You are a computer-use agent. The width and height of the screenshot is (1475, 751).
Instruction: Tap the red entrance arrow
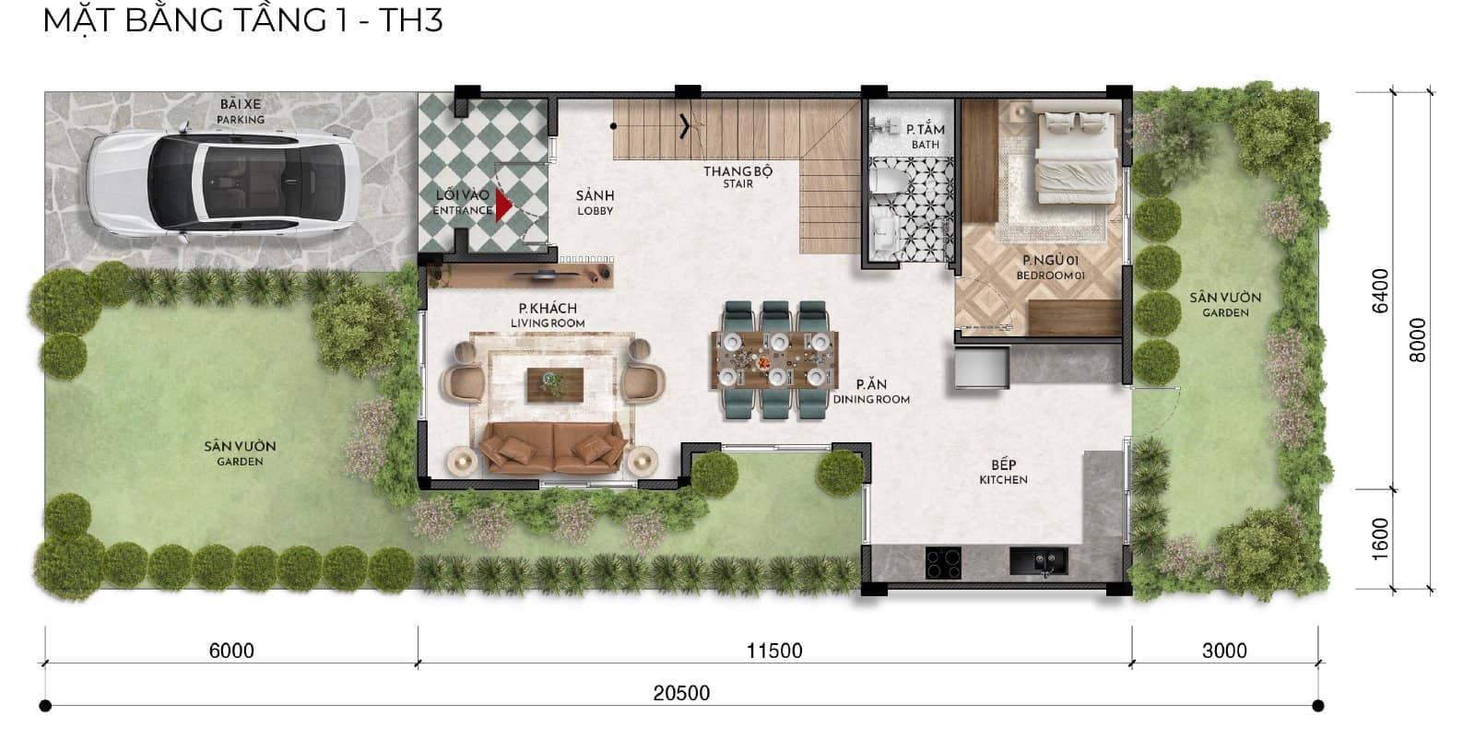[502, 206]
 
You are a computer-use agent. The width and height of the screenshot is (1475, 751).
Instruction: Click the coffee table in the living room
[555, 384]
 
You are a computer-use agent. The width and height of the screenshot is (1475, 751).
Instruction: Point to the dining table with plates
[774, 360]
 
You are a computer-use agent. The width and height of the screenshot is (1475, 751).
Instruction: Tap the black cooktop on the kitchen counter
[942, 562]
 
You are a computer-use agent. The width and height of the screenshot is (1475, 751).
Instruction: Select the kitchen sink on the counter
[1038, 560]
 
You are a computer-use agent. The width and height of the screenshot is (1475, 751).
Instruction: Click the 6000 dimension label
[231, 651]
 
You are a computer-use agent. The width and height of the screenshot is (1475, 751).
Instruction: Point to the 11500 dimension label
[774, 651]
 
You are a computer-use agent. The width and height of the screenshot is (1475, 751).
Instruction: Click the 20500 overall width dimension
[681, 693]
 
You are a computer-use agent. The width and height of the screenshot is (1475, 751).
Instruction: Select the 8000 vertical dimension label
[1418, 339]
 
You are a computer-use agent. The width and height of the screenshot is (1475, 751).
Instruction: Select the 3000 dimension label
[1224, 651]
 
